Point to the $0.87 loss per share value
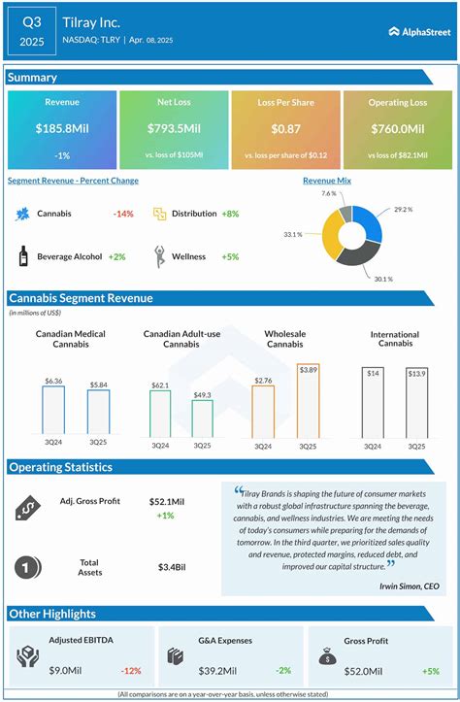(x=284, y=129)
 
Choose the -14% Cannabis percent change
(x=123, y=214)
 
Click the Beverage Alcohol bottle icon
(x=22, y=256)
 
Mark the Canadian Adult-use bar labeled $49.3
(x=202, y=418)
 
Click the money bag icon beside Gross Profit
(x=328, y=656)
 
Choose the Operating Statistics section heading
(x=61, y=467)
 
